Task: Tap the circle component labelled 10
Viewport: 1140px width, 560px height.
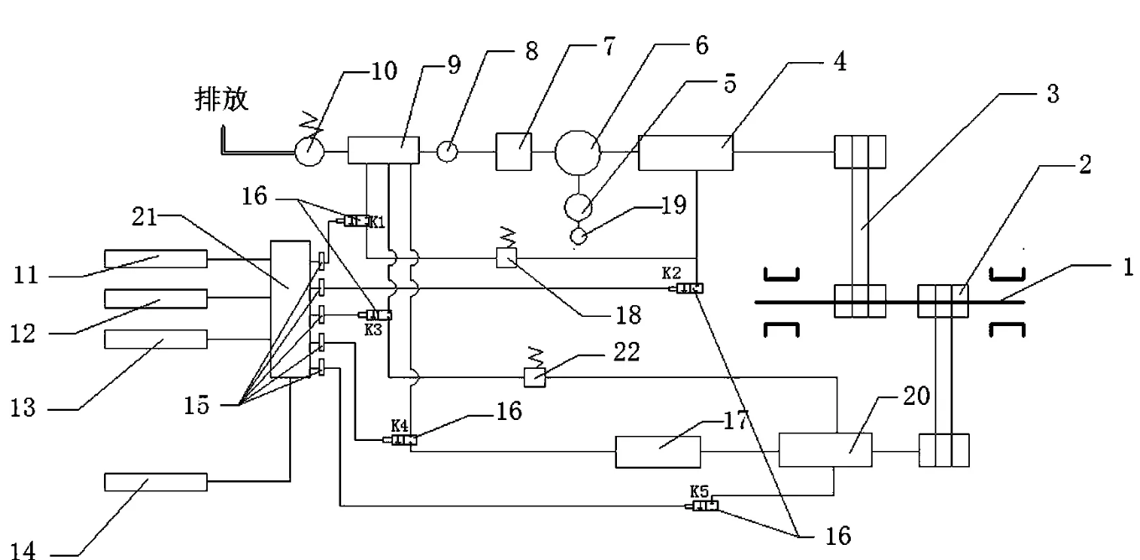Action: click(x=309, y=152)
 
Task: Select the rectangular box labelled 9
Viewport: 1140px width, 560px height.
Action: click(x=382, y=152)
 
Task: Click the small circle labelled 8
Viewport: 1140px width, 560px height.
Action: click(x=449, y=152)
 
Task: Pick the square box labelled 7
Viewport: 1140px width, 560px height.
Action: click(x=512, y=152)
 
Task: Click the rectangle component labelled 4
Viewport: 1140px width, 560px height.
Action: click(x=685, y=152)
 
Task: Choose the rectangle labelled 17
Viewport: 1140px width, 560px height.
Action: click(x=658, y=452)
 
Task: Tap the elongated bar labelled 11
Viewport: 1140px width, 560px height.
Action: click(x=155, y=259)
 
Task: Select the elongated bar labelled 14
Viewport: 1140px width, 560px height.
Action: click(x=155, y=482)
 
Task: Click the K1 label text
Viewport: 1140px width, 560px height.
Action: click(x=378, y=221)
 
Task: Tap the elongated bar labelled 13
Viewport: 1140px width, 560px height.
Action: click(x=155, y=340)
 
